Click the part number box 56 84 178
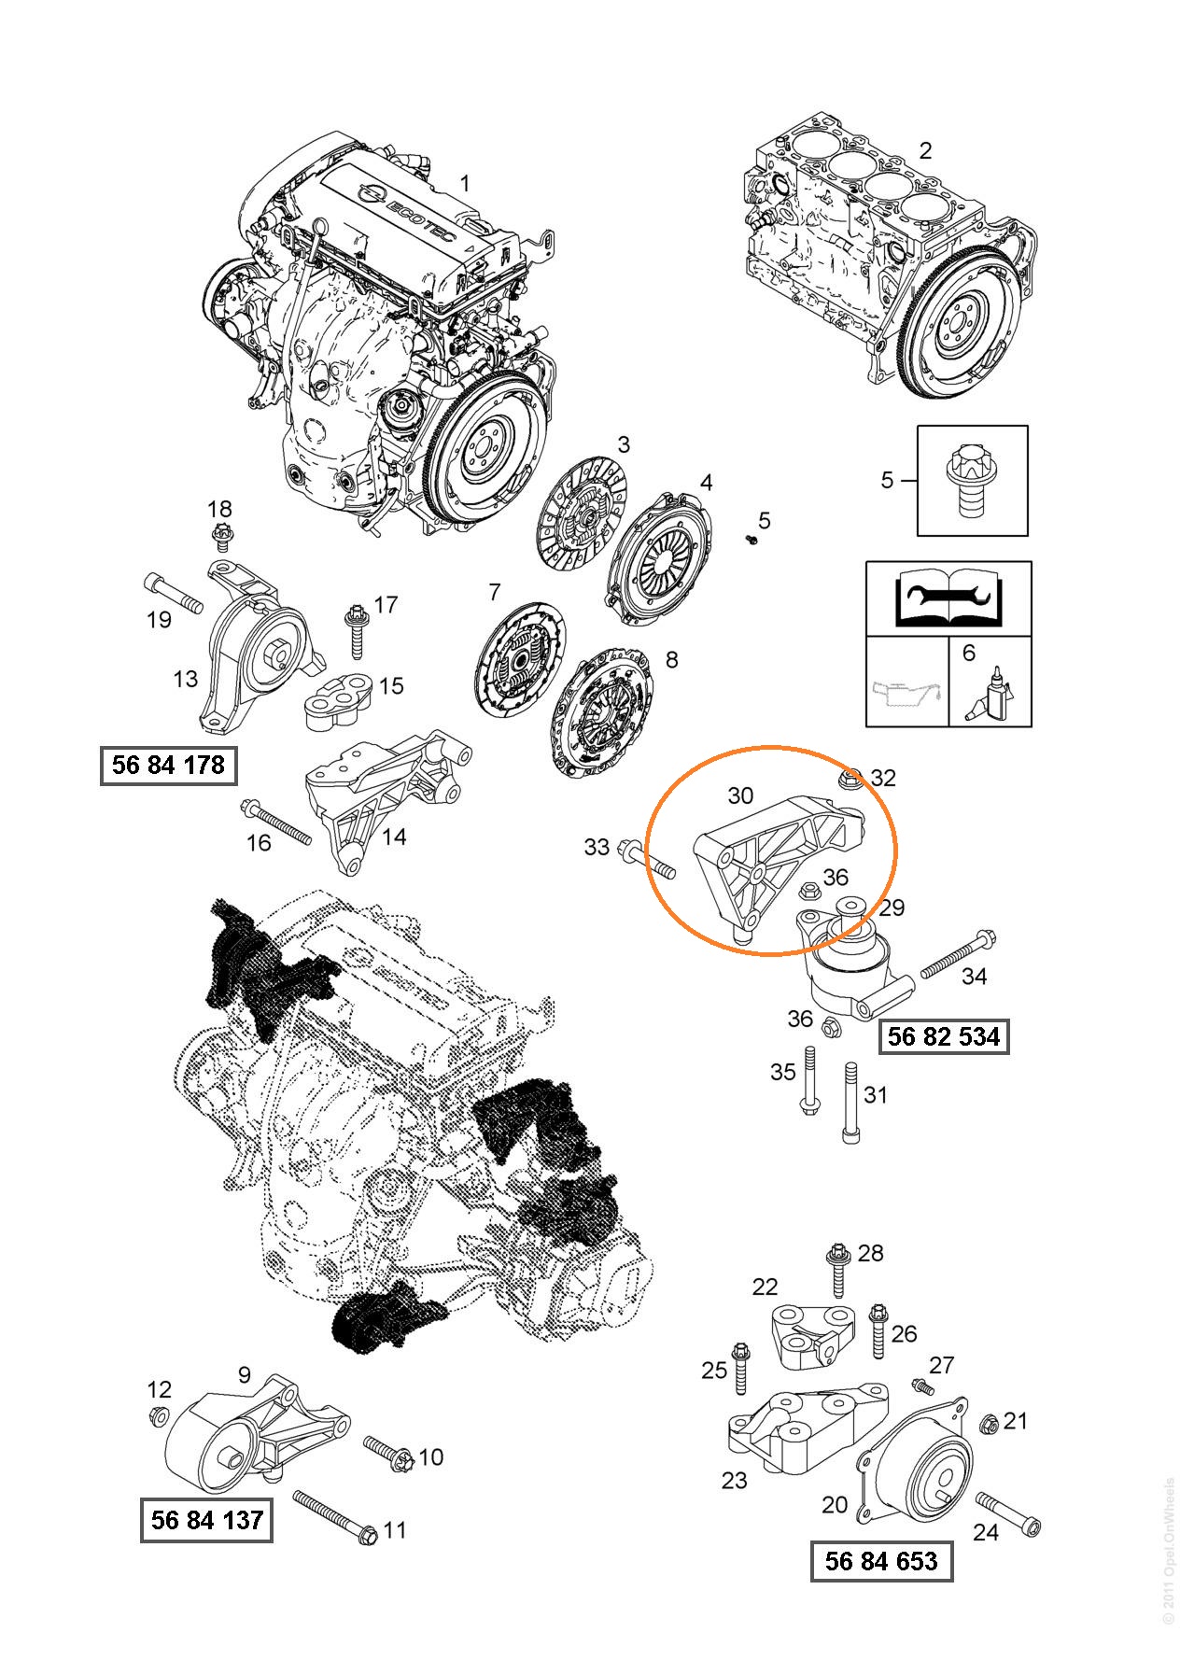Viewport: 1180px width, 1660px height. [x=168, y=766]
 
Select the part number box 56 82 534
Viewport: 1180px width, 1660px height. [x=944, y=1036]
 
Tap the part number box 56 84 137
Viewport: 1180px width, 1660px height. [x=206, y=1520]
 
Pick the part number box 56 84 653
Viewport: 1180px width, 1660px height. [x=881, y=1561]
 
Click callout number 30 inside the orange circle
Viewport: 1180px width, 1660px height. [x=740, y=795]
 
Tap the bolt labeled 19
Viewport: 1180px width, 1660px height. [x=174, y=594]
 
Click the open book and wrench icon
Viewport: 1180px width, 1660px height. [x=948, y=600]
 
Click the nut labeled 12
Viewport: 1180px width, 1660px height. [x=158, y=1417]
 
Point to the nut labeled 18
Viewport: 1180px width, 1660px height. [x=221, y=535]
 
